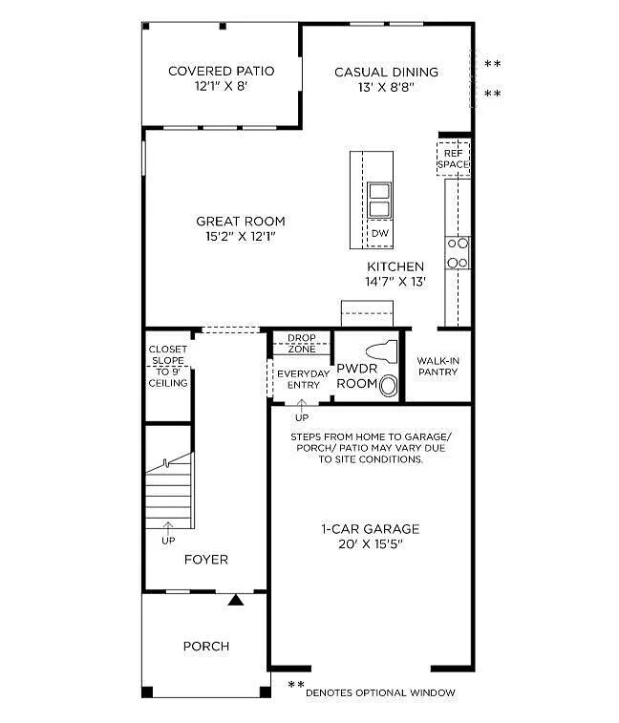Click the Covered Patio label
pos(221,71)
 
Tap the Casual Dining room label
pos(386,72)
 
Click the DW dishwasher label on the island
pos(379,233)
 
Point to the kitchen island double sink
pos(379,200)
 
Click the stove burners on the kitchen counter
pos(458,252)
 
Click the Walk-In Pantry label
pos(438,366)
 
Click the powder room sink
pos(389,386)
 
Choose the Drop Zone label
pos(301,342)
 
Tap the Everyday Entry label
pos(300,379)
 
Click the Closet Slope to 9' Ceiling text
pos(167,366)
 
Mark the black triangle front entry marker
pos(235,600)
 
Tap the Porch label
pos(206,647)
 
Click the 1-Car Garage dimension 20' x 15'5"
pos(371,544)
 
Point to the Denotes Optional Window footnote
pos(380,692)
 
